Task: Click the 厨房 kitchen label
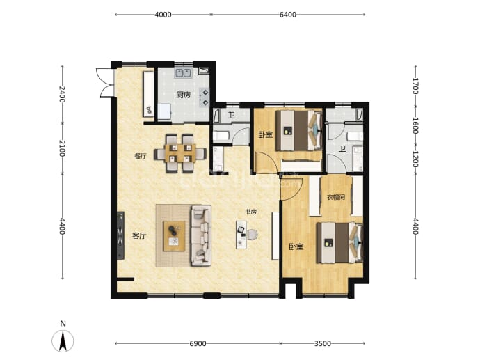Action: click(x=184, y=95)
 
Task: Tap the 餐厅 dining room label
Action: click(x=141, y=156)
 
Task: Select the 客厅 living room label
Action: click(x=139, y=235)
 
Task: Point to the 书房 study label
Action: click(x=250, y=212)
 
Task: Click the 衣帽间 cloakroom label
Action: click(x=336, y=197)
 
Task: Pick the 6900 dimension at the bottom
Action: click(x=198, y=343)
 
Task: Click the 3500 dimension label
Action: click(x=323, y=343)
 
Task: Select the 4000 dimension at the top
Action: click(x=163, y=15)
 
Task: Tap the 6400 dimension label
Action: click(x=288, y=15)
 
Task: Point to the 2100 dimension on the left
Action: click(x=62, y=148)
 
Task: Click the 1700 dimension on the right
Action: click(x=415, y=86)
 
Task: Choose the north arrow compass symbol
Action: click(x=63, y=341)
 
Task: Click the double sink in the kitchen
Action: click(x=183, y=73)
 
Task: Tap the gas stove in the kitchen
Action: click(x=205, y=97)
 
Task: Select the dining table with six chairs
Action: click(x=180, y=153)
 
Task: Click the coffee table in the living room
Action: click(x=174, y=236)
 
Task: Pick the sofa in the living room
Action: click(x=201, y=235)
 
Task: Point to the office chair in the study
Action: click(x=253, y=235)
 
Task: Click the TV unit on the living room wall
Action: click(x=120, y=235)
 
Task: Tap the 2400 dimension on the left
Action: click(x=62, y=95)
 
